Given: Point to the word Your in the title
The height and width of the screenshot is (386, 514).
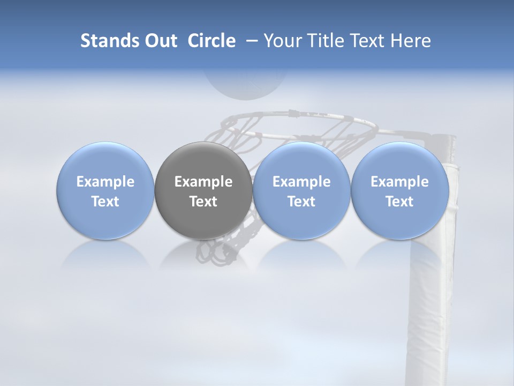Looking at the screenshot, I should [282, 41].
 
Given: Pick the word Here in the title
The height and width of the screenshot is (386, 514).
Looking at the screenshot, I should [410, 41].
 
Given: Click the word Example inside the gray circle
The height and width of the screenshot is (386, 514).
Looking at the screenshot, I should [203, 182].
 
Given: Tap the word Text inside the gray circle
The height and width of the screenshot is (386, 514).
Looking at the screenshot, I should [203, 202].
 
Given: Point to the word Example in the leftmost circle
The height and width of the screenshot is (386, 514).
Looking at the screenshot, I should [105, 182].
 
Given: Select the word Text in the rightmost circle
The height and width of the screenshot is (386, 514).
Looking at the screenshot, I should [400, 202].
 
